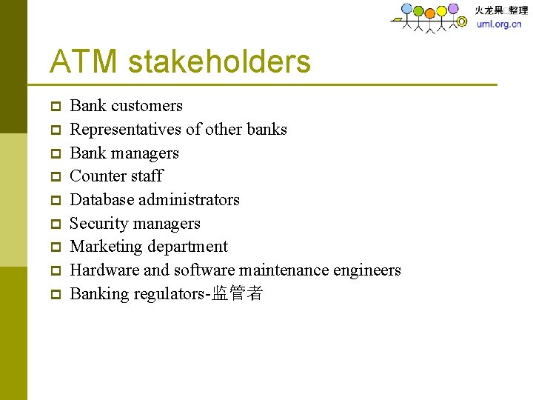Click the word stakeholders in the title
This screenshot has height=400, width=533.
click(219, 61)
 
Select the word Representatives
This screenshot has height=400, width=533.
click(125, 130)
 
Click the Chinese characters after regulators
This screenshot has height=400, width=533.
click(237, 294)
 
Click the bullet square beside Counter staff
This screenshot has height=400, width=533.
click(56, 177)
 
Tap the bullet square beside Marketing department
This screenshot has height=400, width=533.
click(56, 247)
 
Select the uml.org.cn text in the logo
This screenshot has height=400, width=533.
click(498, 24)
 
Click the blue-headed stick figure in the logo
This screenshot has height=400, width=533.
click(406, 10)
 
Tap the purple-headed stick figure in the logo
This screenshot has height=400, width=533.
click(452, 9)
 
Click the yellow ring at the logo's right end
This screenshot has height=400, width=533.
click(462, 22)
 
